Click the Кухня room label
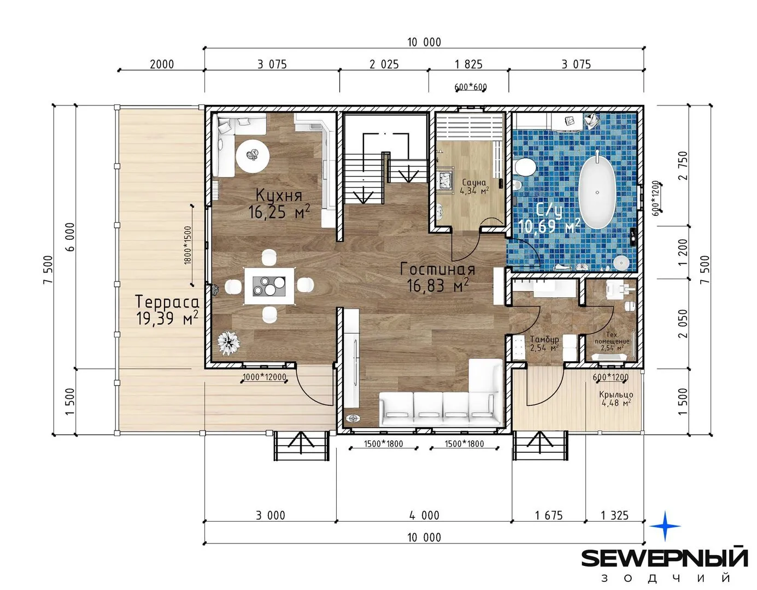tap(279, 196)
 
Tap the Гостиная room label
tap(438, 269)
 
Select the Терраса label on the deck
tap(167, 302)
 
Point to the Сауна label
tap(474, 182)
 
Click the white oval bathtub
tap(597, 192)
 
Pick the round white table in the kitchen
tap(253, 156)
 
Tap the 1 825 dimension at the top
tap(468, 64)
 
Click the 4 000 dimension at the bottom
tap(424, 515)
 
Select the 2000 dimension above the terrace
tap(162, 64)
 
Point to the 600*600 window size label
tap(471, 87)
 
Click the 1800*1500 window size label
tap(188, 245)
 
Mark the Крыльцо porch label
tap(616, 395)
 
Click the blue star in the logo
tap(665, 526)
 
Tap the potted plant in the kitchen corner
tap(229, 343)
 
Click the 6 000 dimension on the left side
tap(70, 237)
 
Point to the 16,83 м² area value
tap(438, 285)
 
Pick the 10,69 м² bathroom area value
tap(549, 227)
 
